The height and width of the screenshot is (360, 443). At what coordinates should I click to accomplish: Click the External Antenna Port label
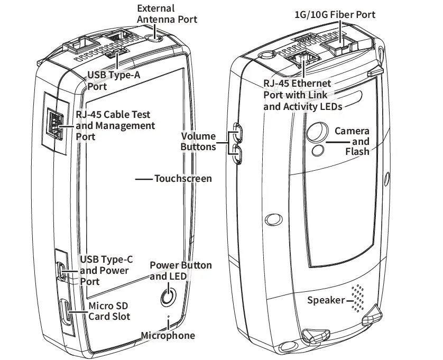[x=167, y=14]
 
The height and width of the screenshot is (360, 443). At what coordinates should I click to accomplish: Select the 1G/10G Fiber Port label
[x=335, y=14]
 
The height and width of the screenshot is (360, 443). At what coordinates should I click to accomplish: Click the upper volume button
[x=237, y=132]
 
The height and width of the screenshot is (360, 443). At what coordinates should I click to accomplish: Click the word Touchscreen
[x=183, y=179]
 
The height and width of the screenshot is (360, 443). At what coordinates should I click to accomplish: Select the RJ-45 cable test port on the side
[x=54, y=125]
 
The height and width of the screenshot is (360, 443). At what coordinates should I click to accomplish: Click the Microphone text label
[x=168, y=336]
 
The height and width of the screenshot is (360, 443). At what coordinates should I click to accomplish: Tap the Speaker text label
[x=326, y=300]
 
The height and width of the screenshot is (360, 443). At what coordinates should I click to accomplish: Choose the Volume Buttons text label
[x=198, y=141]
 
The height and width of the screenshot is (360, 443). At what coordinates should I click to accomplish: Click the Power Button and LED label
[x=180, y=271]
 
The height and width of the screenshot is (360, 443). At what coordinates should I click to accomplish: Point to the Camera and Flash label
[x=353, y=141]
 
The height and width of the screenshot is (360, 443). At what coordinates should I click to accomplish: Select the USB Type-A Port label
[x=114, y=81]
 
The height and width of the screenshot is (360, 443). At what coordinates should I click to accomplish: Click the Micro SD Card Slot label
[x=109, y=311]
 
